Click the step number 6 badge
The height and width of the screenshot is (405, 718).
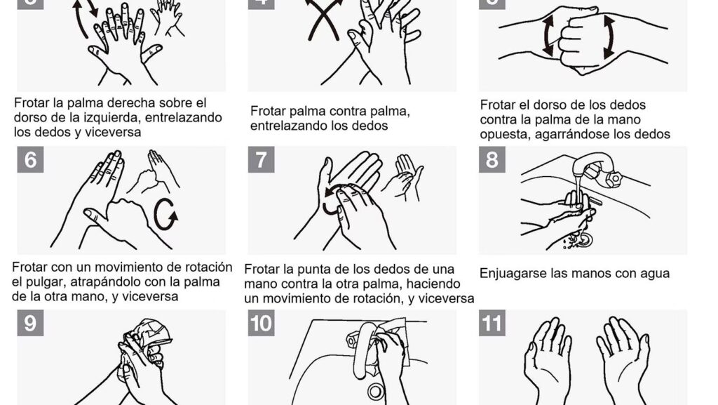pyautogui.click(x=30, y=159)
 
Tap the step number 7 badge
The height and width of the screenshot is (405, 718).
pyautogui.click(x=261, y=159)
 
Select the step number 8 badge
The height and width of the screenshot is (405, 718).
pyautogui.click(x=492, y=159)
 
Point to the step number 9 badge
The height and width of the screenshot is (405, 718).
pyautogui.click(x=30, y=323)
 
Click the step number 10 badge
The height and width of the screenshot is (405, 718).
pyautogui.click(x=261, y=323)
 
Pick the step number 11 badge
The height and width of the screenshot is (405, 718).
pyautogui.click(x=492, y=323)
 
